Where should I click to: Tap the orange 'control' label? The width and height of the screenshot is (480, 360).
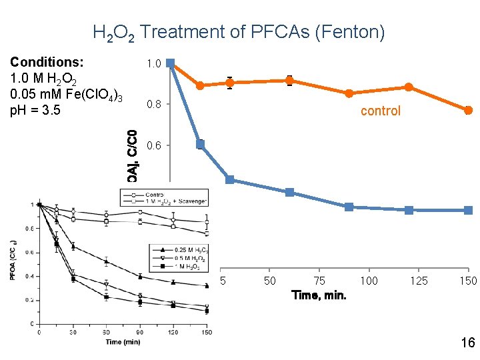coord(381,111)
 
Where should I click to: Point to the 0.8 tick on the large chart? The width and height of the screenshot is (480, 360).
coord(153,104)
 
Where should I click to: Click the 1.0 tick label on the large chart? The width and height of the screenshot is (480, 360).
coord(153,64)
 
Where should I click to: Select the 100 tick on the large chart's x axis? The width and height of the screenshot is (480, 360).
coord(369,281)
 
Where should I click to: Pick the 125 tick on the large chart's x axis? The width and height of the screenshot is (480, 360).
coord(419,281)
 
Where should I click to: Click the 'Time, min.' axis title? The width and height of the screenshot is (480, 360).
coord(319,295)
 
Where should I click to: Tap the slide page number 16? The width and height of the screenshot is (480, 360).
coord(467,343)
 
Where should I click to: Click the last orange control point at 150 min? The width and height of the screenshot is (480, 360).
coord(468,110)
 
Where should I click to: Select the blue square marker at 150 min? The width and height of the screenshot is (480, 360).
coord(468,210)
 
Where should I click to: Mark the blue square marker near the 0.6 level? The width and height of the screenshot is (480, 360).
coord(200,144)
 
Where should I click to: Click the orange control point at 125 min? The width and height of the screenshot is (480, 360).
coord(408,87)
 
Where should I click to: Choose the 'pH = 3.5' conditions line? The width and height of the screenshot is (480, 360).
coord(35,109)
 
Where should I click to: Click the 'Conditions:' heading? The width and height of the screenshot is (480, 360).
coord(47,62)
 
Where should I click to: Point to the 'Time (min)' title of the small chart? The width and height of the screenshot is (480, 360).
coord(123,342)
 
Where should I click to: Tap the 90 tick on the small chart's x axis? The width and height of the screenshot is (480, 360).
coord(141,331)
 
